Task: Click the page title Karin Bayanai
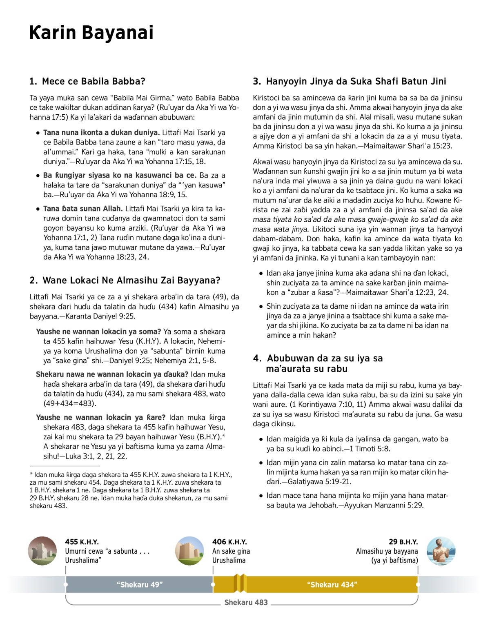click(91, 33)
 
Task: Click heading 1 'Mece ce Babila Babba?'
click(87, 81)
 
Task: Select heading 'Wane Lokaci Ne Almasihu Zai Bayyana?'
click(125, 280)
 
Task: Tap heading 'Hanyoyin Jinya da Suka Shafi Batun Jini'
click(350, 81)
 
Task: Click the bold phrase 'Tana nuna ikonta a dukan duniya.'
click(101, 133)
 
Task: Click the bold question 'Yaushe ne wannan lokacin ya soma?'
click(98, 332)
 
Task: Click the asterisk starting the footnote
click(31, 474)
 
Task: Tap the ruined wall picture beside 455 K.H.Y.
click(42, 551)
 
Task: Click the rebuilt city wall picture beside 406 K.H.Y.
click(189, 551)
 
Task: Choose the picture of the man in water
click(441, 551)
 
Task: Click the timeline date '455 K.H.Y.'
click(82, 542)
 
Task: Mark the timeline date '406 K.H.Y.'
click(229, 542)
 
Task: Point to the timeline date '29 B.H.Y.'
click(403, 542)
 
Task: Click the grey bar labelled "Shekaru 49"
click(140, 585)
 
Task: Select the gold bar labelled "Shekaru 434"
click(332, 585)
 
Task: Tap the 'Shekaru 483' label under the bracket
click(246, 602)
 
